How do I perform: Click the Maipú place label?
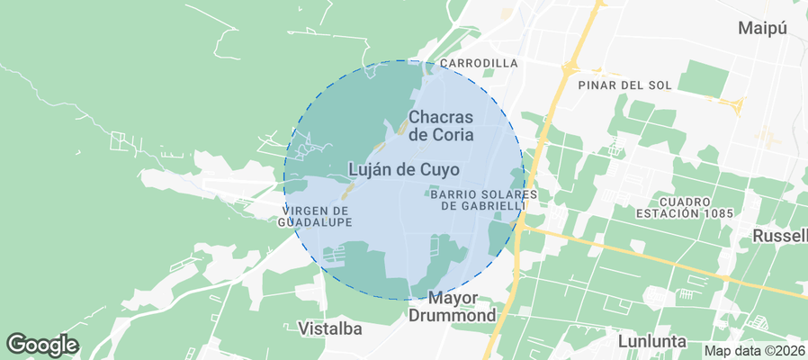coord(762,28)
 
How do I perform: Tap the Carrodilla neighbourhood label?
coord(479,63)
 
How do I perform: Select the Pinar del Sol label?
coord(625,85)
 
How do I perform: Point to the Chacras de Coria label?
coord(441,126)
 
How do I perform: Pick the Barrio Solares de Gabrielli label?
coord(483,200)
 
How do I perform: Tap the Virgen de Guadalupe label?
coord(315,216)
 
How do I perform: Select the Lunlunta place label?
coord(652,342)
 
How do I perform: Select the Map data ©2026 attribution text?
coord(754,351)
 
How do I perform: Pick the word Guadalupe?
coord(315,221)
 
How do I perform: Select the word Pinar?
coord(597,85)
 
